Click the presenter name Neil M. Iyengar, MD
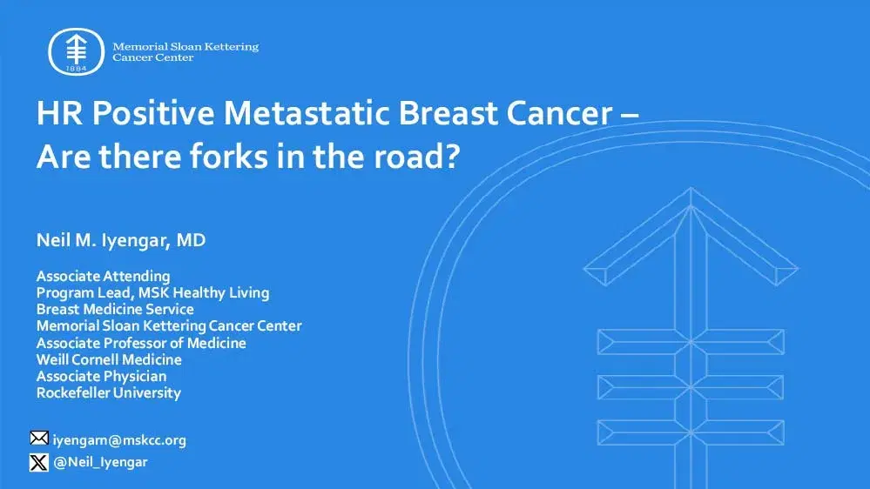coord(121,240)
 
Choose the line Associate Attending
coord(103,277)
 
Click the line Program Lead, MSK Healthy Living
coord(152,292)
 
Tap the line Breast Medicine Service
coord(115,309)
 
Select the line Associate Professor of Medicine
coord(141,343)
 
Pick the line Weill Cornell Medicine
coord(109,359)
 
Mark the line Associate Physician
coord(101,376)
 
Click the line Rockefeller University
coord(108,392)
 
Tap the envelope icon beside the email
coord(39,439)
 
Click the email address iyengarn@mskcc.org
coord(119,440)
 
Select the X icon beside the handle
coord(39,462)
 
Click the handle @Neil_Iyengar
coord(100,462)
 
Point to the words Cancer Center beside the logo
coord(153,57)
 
